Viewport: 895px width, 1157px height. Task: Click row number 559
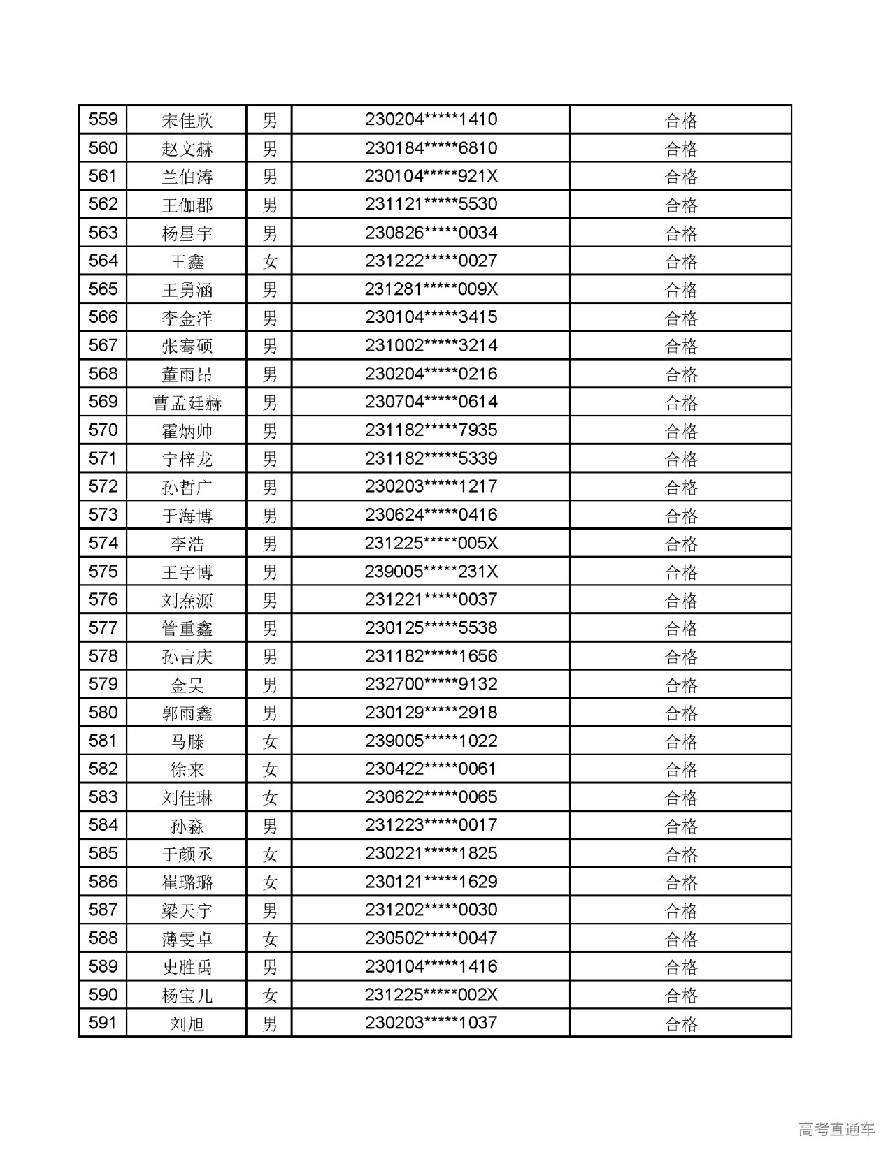coord(103,119)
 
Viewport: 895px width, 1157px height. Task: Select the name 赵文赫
coord(187,148)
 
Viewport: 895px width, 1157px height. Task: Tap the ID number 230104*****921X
coord(431,176)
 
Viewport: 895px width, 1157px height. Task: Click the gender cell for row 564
coord(270,261)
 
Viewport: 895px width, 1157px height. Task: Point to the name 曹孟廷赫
coord(187,402)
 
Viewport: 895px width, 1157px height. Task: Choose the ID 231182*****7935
coord(431,430)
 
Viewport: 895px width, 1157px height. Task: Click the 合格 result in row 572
coord(680,487)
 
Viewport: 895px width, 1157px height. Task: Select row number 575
coord(103,572)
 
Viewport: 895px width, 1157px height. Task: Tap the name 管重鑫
coord(187,628)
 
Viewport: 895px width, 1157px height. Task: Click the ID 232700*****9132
coord(431,685)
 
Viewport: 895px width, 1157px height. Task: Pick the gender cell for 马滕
coord(270,741)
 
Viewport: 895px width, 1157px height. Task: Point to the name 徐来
coord(187,769)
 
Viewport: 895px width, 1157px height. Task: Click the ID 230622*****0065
coord(431,797)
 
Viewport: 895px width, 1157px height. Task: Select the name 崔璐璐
coord(187,882)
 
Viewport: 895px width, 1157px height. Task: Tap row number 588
coord(103,938)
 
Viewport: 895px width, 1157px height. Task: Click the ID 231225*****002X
coord(431,995)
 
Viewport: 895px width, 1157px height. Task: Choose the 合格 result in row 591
coord(680,1024)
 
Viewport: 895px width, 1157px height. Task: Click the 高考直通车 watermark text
coord(836,1129)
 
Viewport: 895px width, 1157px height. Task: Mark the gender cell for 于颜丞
coord(270,854)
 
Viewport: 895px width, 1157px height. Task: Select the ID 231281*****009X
coord(431,289)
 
